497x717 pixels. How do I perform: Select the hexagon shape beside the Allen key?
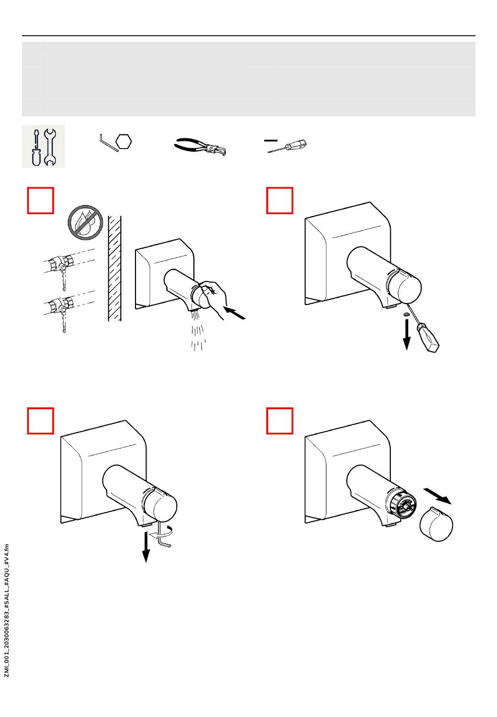[123, 141]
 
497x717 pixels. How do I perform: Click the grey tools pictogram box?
[43, 147]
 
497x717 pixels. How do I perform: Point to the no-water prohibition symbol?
[85, 222]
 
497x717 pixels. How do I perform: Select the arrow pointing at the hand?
[234, 314]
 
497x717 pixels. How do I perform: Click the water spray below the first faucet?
[198, 332]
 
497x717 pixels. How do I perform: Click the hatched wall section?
[114, 268]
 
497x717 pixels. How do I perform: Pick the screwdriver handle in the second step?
[427, 339]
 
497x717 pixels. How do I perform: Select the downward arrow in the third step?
[146, 547]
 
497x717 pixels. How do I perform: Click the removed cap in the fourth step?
[436, 524]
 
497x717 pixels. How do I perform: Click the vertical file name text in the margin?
[7, 610]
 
